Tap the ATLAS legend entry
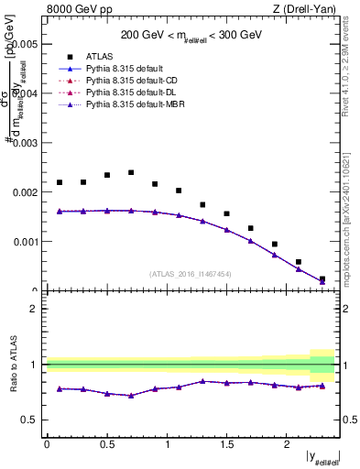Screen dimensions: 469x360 [99, 55]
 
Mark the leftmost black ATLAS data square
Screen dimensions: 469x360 [60, 182]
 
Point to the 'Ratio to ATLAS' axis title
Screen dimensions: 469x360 [12, 365]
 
